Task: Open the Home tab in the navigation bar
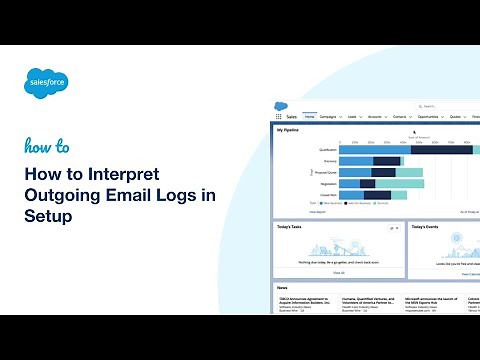310,117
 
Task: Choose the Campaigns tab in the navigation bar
334,117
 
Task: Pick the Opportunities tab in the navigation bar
432,117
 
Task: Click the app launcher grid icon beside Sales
279,117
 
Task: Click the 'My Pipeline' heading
289,130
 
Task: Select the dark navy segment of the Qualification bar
429,149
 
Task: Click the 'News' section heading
283,287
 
